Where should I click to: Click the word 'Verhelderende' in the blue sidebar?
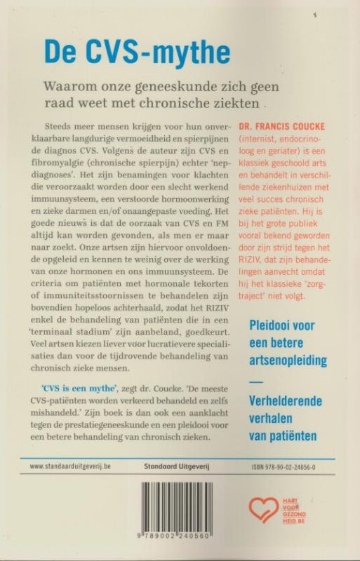click(284, 401)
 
